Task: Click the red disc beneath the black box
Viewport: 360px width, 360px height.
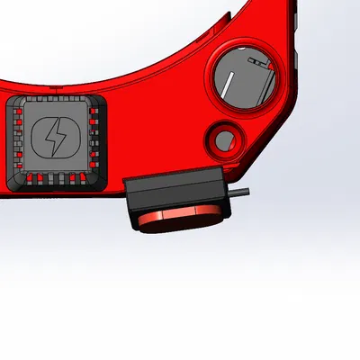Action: pos(180,220)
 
